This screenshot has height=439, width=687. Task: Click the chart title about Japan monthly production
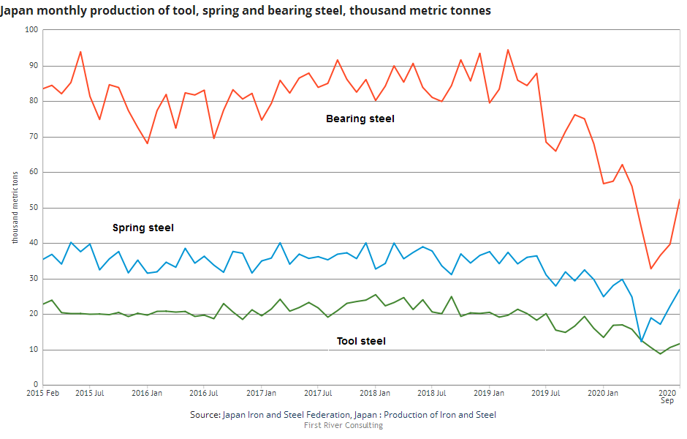pyautogui.click(x=246, y=10)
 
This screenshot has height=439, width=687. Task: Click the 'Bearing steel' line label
pyautogui.click(x=360, y=119)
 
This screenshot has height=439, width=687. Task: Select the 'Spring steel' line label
pyautogui.click(x=143, y=228)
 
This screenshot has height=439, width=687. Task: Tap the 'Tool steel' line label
pyautogui.click(x=361, y=341)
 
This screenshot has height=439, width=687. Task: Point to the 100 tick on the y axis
pyautogui.click(x=31, y=30)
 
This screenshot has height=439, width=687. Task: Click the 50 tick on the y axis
pyautogui.click(x=33, y=208)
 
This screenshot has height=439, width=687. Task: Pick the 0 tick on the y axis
pyautogui.click(x=35, y=385)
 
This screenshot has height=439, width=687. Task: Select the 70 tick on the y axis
pyautogui.click(x=33, y=137)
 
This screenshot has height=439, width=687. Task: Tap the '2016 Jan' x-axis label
pyautogui.click(x=147, y=393)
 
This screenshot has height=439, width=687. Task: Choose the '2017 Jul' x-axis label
pyautogui.click(x=318, y=393)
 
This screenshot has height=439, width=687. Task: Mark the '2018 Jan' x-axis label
pyautogui.click(x=375, y=393)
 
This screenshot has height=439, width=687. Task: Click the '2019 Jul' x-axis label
pyautogui.click(x=545, y=393)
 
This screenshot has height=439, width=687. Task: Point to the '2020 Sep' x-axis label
pyautogui.click(x=667, y=397)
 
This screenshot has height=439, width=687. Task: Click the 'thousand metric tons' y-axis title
pyautogui.click(x=15, y=208)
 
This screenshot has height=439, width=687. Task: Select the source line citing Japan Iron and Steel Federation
pyautogui.click(x=343, y=415)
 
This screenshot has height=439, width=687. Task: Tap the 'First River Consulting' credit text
pyautogui.click(x=343, y=426)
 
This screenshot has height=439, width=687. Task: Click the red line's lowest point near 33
pyautogui.click(x=651, y=269)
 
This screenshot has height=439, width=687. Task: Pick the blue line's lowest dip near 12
pyautogui.click(x=642, y=342)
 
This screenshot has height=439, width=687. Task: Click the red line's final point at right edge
pyautogui.click(x=680, y=200)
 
